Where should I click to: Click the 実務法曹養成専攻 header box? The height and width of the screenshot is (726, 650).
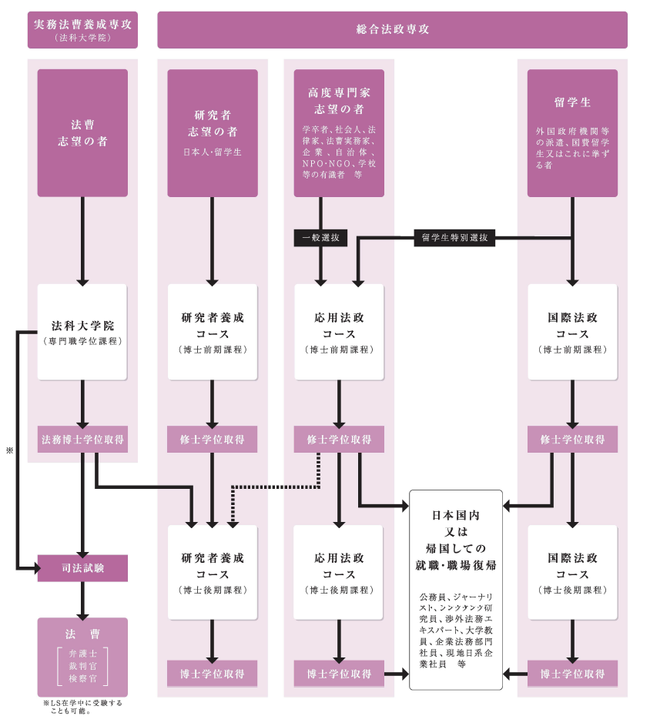coord(82,30)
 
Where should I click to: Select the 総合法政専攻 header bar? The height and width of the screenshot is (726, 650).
coord(392,30)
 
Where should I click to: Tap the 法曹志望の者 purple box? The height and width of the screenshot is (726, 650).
coord(82,132)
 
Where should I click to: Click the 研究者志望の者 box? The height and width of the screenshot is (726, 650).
coord(213,132)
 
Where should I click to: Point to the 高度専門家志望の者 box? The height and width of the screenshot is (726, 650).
coord(339,132)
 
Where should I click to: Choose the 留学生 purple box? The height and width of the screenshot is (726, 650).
coord(572,132)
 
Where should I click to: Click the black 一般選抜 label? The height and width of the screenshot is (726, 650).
coord(320,239)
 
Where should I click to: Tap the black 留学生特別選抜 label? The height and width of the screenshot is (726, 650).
coord(454,238)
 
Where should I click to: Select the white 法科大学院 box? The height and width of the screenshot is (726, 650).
coord(82,332)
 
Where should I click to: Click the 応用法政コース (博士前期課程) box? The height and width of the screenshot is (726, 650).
coord(339,332)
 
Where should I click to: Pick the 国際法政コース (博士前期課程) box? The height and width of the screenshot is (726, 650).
coord(572,332)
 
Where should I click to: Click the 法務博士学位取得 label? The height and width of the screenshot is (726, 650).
coord(82,440)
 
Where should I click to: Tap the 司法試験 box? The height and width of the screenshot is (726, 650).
coord(82,568)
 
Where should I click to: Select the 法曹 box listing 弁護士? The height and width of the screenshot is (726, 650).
coord(82,657)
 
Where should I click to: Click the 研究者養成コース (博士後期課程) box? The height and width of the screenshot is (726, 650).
coord(213,572)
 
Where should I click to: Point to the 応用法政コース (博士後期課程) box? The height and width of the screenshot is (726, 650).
coord(339,572)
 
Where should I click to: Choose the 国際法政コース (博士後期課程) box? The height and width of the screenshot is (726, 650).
coord(572,572)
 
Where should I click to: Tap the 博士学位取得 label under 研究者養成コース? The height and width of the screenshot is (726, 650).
coord(213,674)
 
